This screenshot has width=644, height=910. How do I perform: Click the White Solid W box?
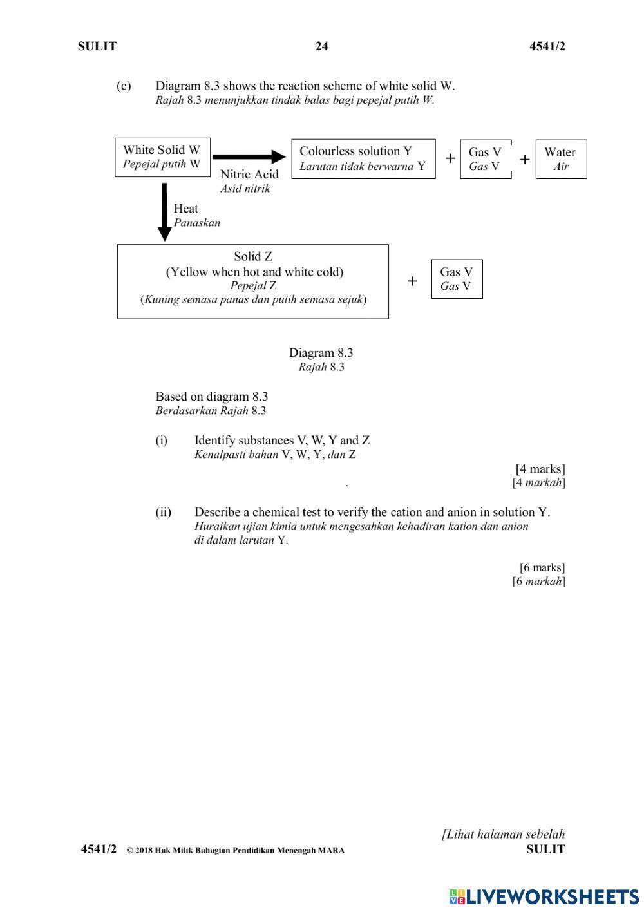pyautogui.click(x=162, y=157)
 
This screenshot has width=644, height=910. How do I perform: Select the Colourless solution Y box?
pyautogui.click(x=363, y=158)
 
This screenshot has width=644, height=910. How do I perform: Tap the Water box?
pyautogui.click(x=560, y=159)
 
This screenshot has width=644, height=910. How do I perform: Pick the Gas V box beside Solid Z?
pyautogui.click(x=457, y=279)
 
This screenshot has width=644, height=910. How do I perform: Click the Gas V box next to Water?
pyautogui.click(x=485, y=159)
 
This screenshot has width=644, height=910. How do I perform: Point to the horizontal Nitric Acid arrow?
pyautogui.click(x=248, y=156)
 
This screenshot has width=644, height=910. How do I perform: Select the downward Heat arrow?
pyautogui.click(x=164, y=212)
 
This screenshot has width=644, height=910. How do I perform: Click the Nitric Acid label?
pyautogui.click(x=249, y=175)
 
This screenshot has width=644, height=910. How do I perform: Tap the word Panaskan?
pyautogui.click(x=196, y=223)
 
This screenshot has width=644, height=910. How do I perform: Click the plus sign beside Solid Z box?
pyautogui.click(x=412, y=281)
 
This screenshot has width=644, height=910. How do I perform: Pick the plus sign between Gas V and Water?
pyautogui.click(x=525, y=159)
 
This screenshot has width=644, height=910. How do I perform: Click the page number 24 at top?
pyautogui.click(x=321, y=46)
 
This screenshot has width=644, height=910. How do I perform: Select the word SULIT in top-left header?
pyautogui.click(x=97, y=46)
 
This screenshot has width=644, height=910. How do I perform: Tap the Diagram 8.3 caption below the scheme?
pyautogui.click(x=321, y=353)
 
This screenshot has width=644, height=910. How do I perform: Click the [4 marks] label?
pyautogui.click(x=540, y=469)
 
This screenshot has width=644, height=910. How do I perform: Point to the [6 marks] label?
pyautogui.click(x=542, y=567)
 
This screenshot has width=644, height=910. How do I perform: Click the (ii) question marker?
pyautogui.click(x=163, y=513)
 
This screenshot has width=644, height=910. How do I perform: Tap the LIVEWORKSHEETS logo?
pyautogui.click(x=544, y=896)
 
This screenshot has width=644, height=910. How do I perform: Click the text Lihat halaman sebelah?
pyautogui.click(x=503, y=834)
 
